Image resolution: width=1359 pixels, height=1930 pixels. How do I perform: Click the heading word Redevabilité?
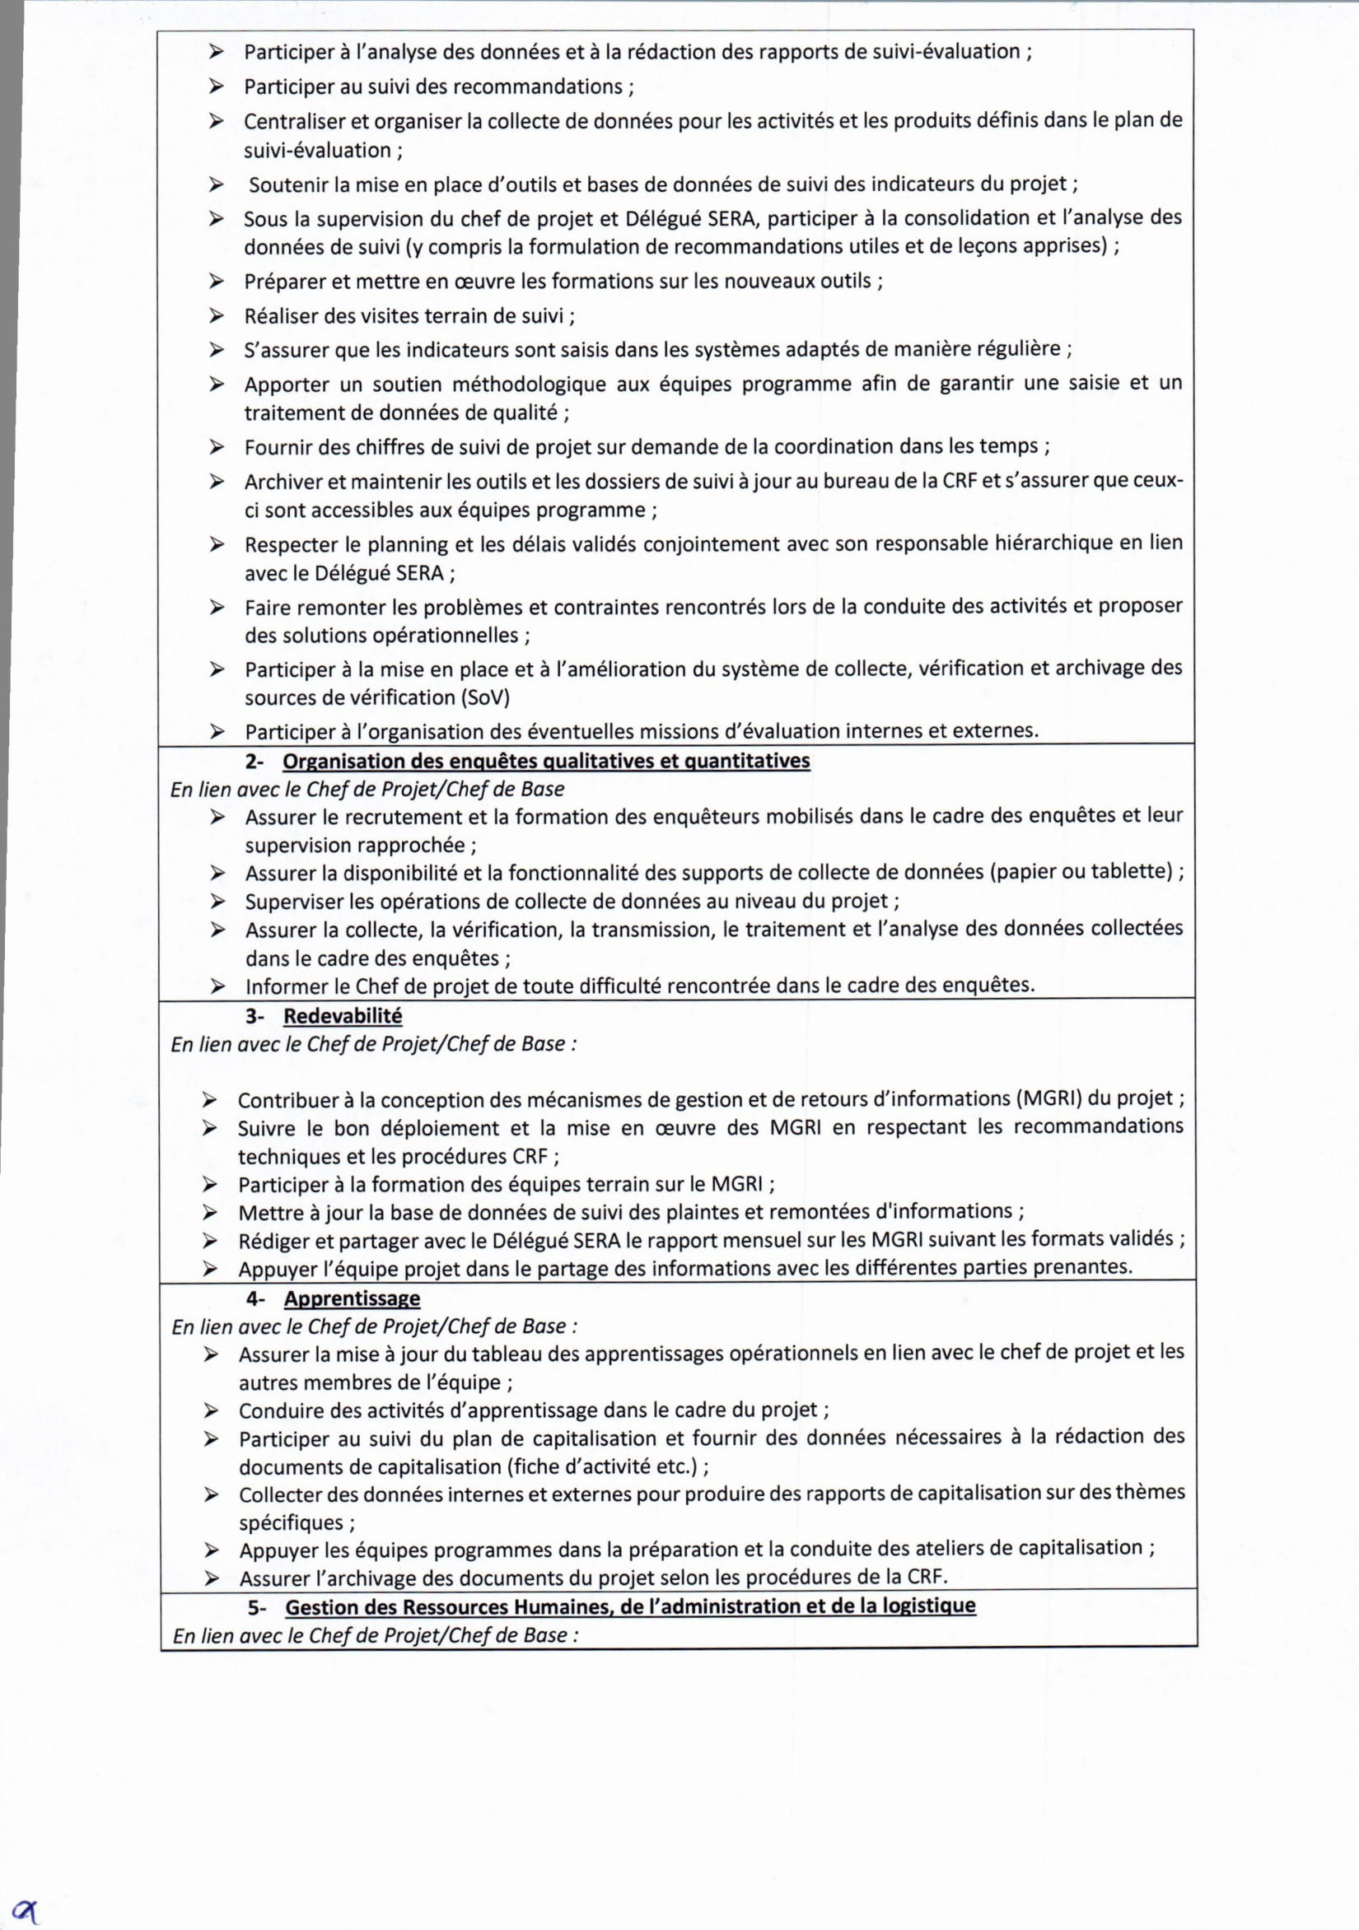343,1015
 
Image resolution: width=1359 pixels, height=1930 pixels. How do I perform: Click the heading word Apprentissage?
352,1298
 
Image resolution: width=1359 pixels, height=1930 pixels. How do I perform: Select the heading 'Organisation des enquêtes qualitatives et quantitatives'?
546,762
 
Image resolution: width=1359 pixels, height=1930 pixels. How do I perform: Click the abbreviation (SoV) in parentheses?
484,697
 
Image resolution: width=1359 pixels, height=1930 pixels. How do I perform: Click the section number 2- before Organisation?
254,762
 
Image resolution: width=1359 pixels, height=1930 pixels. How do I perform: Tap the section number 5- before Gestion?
256,1607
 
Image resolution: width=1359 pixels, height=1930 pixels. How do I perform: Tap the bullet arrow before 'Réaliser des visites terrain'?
217,316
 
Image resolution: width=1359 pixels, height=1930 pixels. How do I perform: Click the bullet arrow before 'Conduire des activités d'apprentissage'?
211,1410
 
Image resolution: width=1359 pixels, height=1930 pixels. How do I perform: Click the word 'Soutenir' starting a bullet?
287,184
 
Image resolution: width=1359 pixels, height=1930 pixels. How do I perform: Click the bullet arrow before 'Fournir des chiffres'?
217,447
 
